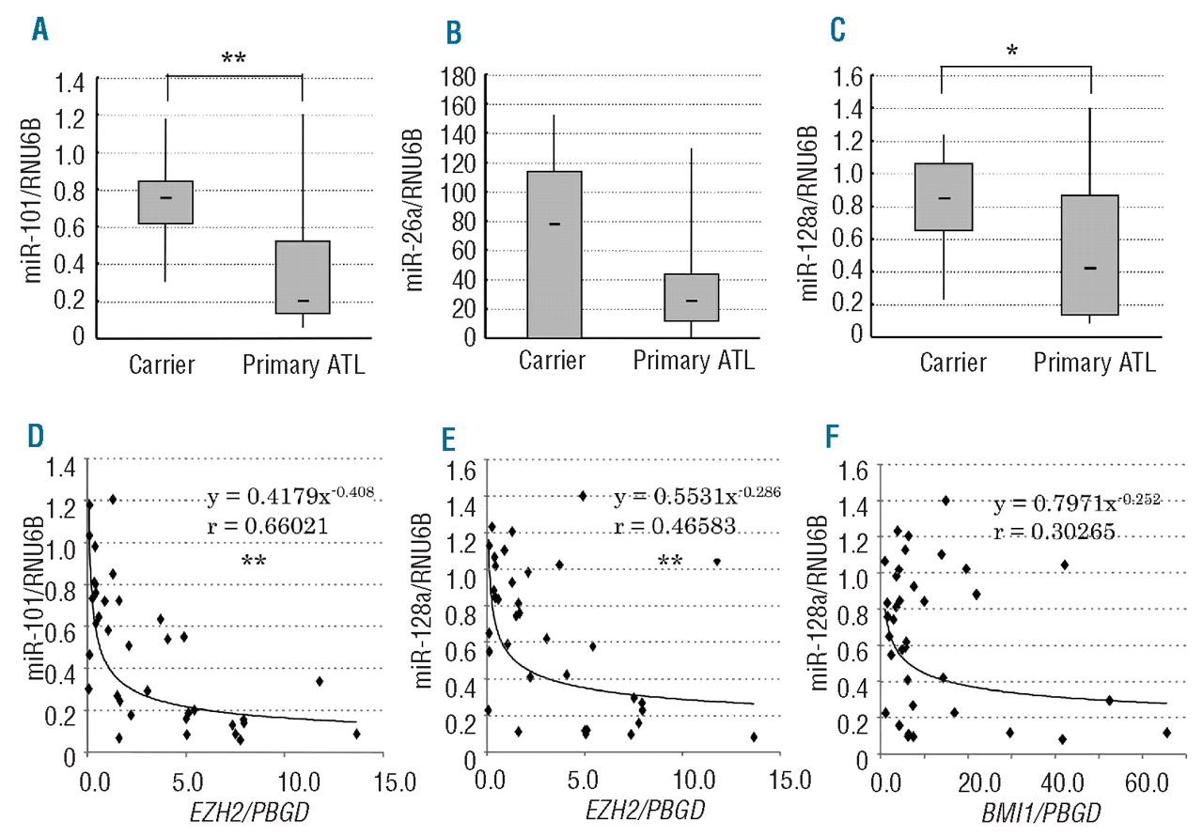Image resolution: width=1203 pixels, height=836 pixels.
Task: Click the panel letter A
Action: [39, 31]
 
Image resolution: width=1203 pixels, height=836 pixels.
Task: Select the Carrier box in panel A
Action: [165, 202]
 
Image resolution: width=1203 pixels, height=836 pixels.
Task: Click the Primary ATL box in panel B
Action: [691, 298]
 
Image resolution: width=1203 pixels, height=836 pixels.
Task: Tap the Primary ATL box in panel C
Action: [1089, 255]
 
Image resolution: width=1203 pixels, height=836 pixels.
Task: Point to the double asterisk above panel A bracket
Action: [234, 59]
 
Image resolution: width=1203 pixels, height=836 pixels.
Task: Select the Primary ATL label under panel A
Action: [302, 364]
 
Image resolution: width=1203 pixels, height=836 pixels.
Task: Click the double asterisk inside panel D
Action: [253, 562]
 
